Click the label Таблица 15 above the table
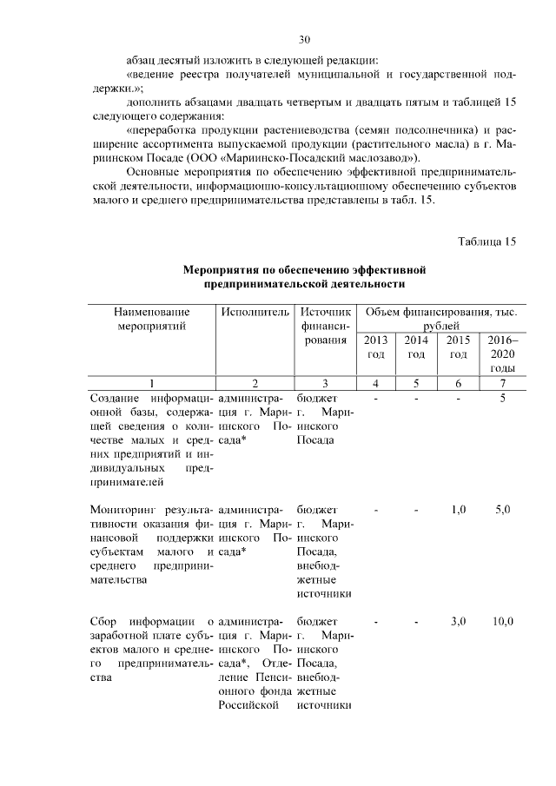(487, 241)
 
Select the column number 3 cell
(324, 383)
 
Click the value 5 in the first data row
(503, 398)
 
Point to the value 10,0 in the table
(503, 622)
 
